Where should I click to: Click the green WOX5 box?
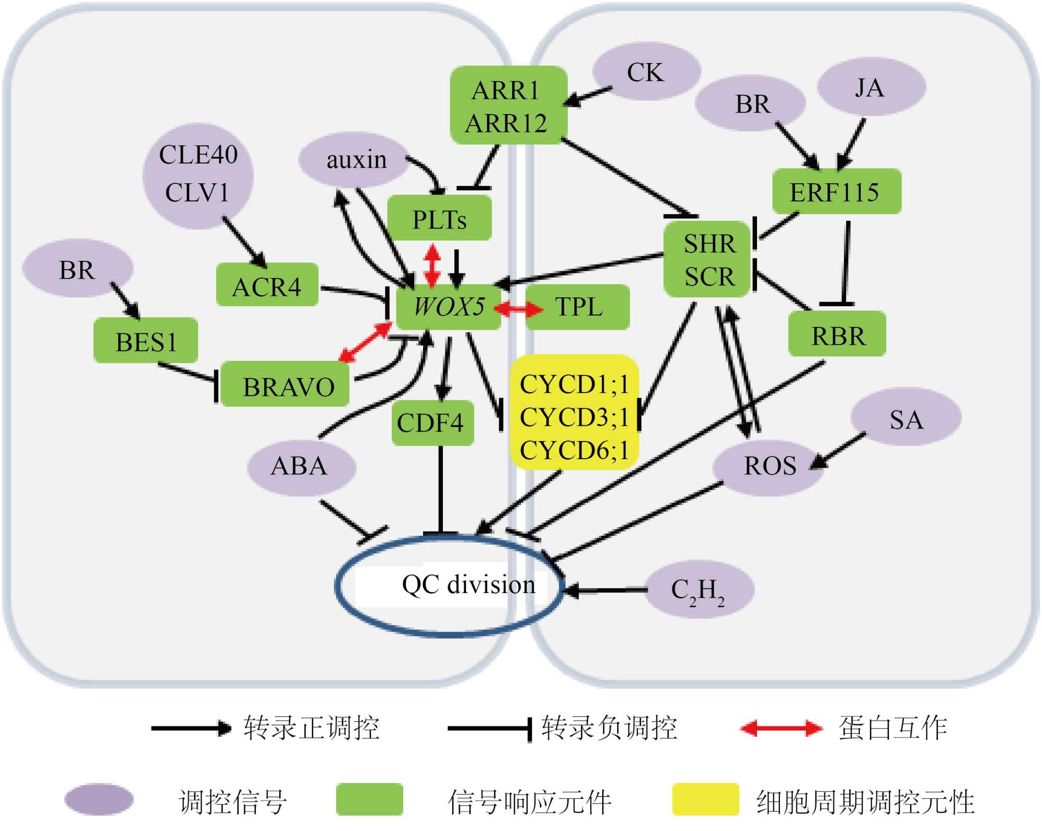(x=449, y=307)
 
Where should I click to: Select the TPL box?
(x=577, y=307)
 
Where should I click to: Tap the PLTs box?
(x=439, y=219)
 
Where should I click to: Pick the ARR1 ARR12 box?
(x=507, y=106)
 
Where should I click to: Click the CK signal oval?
(x=646, y=72)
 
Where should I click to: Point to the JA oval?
(x=871, y=87)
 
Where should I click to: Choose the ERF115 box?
(x=836, y=192)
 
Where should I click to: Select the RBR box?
(x=837, y=335)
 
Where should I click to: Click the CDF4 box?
(x=432, y=422)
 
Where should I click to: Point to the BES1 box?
(x=146, y=341)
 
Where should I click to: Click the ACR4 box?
(x=267, y=286)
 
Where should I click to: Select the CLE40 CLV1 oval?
(x=198, y=175)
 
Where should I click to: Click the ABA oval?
(x=301, y=466)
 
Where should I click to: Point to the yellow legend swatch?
(x=705, y=799)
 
